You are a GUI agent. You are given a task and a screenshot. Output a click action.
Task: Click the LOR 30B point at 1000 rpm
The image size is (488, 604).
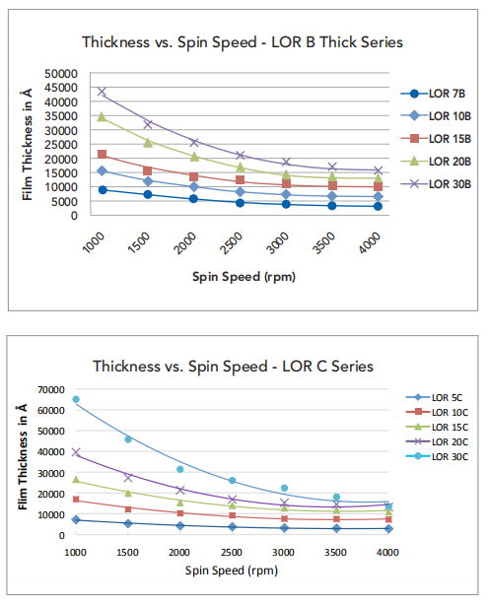click(102, 92)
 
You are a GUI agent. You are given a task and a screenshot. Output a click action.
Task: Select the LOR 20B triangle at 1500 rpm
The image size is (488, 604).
click(148, 142)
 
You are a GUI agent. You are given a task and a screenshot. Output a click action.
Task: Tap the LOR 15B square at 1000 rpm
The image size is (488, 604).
click(102, 154)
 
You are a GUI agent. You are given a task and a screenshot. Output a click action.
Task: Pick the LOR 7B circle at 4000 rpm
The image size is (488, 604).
click(378, 206)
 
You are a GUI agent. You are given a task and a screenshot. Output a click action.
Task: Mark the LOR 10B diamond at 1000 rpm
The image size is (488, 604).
click(102, 170)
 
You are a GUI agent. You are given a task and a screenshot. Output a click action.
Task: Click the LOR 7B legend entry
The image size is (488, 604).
click(433, 94)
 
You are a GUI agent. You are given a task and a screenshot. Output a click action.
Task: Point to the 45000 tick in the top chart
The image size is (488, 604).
click(61, 88)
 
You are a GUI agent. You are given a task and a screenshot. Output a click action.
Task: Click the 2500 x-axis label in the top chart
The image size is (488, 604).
click(232, 243)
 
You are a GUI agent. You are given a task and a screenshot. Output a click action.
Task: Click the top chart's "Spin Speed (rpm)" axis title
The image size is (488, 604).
click(244, 277)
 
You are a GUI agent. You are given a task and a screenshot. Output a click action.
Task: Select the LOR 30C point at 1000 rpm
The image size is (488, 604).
click(76, 399)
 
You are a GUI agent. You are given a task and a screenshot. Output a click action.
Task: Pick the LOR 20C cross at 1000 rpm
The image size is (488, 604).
click(76, 452)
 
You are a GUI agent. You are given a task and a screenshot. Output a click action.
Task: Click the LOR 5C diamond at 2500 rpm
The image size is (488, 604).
click(232, 526)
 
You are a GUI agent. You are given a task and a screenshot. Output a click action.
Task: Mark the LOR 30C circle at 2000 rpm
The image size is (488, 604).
click(180, 469)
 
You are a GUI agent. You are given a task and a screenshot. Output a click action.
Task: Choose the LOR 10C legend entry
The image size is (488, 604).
click(437, 412)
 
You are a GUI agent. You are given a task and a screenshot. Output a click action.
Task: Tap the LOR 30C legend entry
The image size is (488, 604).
click(437, 456)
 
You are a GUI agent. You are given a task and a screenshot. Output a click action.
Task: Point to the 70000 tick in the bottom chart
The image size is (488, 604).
click(51, 390)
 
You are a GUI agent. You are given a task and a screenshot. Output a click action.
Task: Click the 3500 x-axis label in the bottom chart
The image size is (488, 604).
click(335, 553)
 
